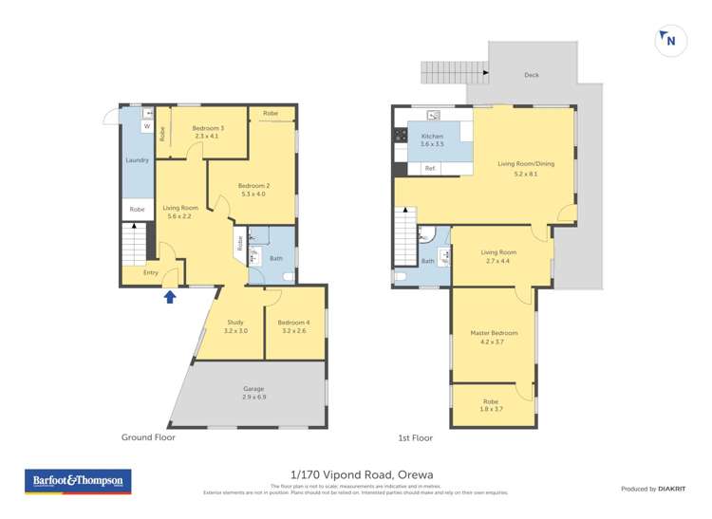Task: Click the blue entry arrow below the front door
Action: click(x=170, y=297)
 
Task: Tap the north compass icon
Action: click(x=670, y=40)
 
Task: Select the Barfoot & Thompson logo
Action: click(x=78, y=481)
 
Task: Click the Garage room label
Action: click(x=253, y=391)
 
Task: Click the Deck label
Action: click(x=532, y=75)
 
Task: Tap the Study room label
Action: click(x=235, y=326)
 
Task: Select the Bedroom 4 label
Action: click(x=295, y=326)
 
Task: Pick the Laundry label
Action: click(x=137, y=160)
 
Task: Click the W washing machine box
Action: click(x=147, y=126)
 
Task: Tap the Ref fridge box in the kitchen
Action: click(x=430, y=168)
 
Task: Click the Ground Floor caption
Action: click(x=148, y=437)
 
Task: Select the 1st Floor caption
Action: click(x=415, y=437)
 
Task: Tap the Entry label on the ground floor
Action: click(x=151, y=273)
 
